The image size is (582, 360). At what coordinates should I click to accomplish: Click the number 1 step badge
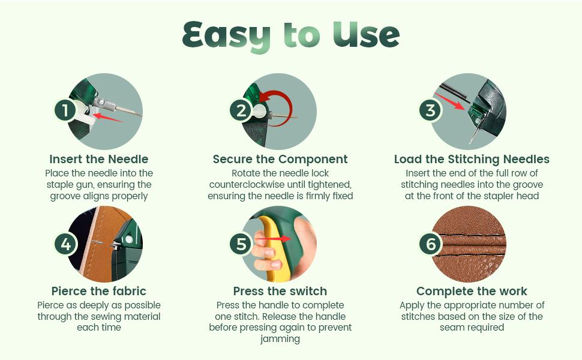[65, 110]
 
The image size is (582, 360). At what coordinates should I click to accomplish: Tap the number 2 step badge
[241, 110]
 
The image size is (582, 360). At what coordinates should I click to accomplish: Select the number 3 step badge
[431, 110]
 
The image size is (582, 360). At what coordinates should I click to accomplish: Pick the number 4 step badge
[65, 244]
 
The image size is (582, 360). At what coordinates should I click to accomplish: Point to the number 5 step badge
[241, 244]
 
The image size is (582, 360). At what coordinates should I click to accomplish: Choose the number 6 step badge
[431, 244]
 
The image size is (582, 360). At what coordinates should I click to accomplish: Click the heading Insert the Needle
[99, 159]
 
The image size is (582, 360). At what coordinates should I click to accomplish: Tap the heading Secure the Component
[280, 159]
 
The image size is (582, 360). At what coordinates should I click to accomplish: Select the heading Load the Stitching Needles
[472, 159]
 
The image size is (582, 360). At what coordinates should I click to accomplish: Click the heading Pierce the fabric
[99, 291]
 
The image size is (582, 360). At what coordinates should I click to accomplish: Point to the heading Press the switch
[280, 291]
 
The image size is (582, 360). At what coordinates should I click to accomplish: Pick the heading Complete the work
[472, 291]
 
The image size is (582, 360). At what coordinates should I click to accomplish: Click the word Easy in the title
[226, 37]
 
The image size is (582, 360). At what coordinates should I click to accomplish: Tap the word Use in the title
[366, 35]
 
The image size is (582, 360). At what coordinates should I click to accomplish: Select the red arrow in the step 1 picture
[107, 118]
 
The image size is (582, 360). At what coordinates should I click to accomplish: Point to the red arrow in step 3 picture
[449, 101]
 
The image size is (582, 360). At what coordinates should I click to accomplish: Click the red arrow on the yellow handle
[274, 239]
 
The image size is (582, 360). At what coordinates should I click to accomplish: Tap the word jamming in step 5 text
[280, 339]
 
